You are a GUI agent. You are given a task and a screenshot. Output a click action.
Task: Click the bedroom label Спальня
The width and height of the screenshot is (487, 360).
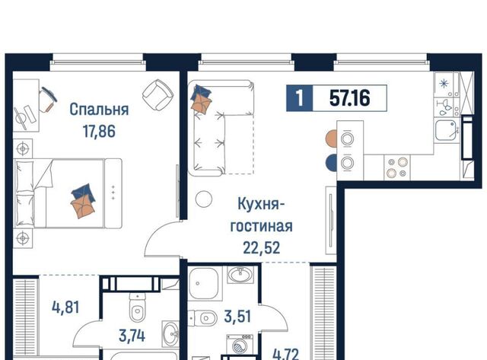point(99,110)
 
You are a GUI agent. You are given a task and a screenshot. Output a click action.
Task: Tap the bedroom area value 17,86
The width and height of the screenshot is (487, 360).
point(99,131)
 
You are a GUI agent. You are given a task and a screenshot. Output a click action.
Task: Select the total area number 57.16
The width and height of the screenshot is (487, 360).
point(350,98)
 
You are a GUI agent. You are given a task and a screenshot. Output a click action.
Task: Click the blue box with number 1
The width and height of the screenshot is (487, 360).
point(299,98)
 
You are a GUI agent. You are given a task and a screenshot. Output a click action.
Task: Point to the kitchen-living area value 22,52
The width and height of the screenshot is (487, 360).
point(262,248)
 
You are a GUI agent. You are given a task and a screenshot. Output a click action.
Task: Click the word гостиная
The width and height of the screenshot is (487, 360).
point(261,226)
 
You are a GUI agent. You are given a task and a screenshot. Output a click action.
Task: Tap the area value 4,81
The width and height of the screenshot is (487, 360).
point(66,307)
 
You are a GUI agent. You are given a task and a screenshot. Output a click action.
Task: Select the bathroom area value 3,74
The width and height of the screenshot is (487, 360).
point(132,336)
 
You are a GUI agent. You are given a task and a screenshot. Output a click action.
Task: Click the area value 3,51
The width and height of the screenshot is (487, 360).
point(237,317)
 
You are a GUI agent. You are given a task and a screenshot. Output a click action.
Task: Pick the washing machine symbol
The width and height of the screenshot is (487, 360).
point(240,345)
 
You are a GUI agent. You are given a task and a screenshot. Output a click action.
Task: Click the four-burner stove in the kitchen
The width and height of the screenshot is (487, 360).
point(397,167)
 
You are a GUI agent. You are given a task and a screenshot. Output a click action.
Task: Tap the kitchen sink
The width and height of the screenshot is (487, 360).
point(446,130)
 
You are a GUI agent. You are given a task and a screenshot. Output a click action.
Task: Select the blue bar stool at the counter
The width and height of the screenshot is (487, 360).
point(331,162)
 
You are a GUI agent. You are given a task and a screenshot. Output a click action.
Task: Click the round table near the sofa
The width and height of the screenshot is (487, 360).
point(204,199)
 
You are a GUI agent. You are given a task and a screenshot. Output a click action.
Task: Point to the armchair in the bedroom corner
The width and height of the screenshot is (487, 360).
point(158,94)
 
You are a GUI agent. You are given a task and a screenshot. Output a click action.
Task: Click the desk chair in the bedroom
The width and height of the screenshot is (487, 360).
point(47,99)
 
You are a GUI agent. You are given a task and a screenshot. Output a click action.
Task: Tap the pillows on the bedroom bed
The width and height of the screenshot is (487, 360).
point(83,201)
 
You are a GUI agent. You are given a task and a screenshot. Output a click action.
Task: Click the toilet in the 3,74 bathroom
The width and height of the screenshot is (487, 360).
point(137,307)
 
